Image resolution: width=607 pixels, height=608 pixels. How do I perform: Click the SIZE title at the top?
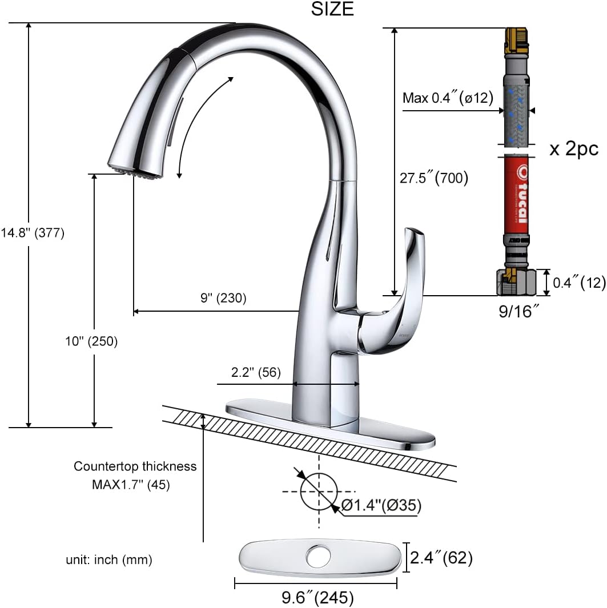(332, 9)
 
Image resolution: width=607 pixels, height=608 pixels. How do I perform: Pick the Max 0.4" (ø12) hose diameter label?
(448, 98)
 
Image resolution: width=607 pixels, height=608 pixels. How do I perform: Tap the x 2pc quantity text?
(573, 149)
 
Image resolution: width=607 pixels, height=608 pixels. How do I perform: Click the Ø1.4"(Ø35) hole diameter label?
(381, 505)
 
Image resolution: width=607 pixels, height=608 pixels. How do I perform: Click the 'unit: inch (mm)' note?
(108, 560)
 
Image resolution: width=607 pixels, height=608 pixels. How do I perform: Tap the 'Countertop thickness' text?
(135, 466)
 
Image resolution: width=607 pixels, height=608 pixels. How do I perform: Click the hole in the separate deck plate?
(316, 555)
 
